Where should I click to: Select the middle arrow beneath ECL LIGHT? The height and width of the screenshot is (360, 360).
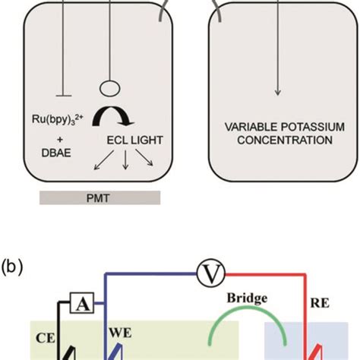126,159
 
